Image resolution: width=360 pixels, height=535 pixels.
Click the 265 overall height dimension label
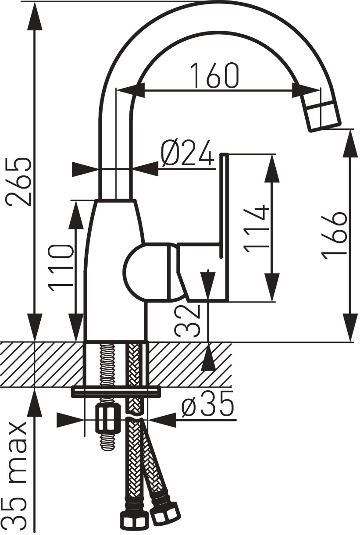click(20, 178)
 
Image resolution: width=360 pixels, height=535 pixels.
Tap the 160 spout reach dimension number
click(215, 75)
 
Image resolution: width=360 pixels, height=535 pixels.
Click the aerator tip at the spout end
click(321, 116)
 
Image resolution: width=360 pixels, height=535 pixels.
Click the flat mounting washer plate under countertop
click(116, 391)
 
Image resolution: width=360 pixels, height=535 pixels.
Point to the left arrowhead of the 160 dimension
click(131, 90)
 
